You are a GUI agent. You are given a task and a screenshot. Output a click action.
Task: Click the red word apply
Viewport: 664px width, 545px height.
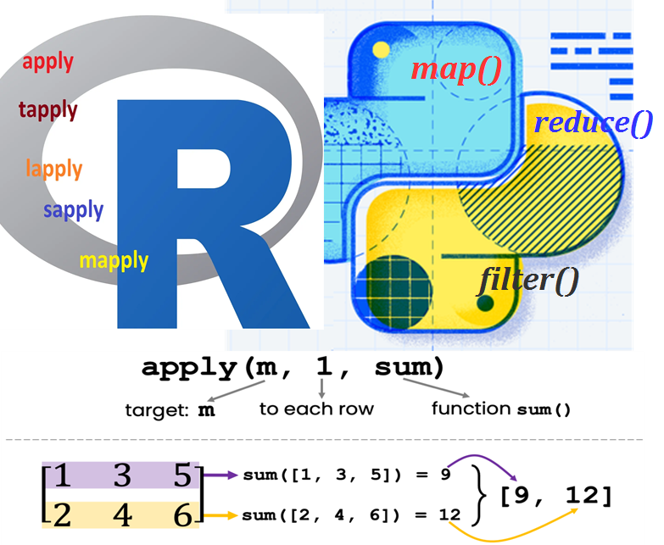(48, 62)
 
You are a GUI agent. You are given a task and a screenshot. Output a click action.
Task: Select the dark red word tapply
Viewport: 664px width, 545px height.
(47, 109)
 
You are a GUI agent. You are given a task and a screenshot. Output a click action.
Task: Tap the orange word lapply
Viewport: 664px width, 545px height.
(54, 168)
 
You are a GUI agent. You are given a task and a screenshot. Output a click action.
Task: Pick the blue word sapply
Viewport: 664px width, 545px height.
(74, 209)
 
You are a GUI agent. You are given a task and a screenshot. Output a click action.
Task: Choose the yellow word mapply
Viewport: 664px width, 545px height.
(114, 260)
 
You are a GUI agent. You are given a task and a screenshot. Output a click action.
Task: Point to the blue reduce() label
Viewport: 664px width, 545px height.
(593, 124)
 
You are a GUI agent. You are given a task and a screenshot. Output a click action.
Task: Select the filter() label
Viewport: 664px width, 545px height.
(527, 279)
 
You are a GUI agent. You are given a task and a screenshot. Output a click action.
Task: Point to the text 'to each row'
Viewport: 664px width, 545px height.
(316, 409)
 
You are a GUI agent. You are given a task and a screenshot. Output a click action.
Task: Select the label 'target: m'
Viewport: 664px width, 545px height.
(170, 410)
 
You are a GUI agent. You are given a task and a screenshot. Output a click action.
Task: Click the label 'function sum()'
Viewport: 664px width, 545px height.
(500, 409)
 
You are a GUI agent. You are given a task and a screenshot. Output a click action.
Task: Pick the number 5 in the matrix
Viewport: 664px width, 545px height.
(181, 476)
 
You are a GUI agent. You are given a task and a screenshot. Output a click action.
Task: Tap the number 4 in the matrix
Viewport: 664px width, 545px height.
(122, 514)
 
